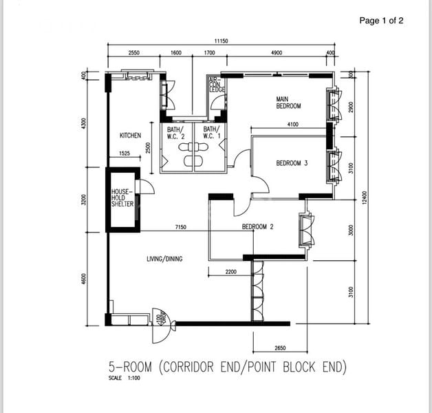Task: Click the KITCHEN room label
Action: pyautogui.click(x=130, y=136)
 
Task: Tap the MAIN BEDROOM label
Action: pyautogui.click(x=289, y=103)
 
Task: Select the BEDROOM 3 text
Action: pyautogui.click(x=292, y=163)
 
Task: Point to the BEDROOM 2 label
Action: pyautogui.click(x=258, y=226)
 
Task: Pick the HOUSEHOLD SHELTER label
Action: pyautogui.click(x=122, y=198)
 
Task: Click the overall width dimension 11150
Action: pyautogui.click(x=221, y=41)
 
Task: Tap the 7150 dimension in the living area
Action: pyautogui.click(x=180, y=226)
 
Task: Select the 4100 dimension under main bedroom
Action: pyautogui.click(x=292, y=125)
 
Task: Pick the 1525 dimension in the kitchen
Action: pyautogui.click(x=125, y=153)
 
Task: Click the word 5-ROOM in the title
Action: pyautogui.click(x=131, y=367)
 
